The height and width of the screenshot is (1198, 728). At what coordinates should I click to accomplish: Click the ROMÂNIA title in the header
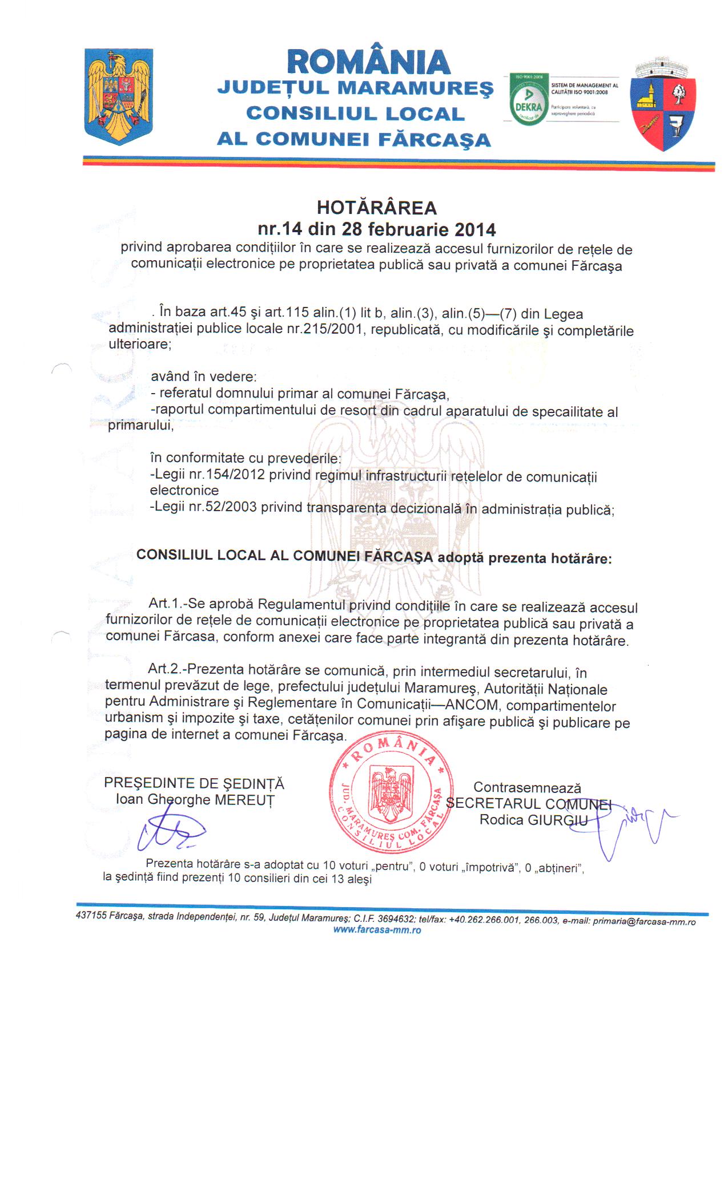(x=369, y=61)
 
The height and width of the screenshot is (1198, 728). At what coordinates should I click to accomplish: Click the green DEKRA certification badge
(x=529, y=99)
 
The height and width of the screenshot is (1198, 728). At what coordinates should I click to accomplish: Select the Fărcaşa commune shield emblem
(x=663, y=105)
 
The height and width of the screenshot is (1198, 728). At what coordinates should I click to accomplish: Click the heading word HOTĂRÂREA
(x=376, y=208)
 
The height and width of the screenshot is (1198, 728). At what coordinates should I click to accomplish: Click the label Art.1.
(x=166, y=603)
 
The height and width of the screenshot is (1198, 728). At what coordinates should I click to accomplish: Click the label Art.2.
(x=165, y=669)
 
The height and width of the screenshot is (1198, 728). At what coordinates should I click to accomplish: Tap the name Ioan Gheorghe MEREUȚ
(x=195, y=800)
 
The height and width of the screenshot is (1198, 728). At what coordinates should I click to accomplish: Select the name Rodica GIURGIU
(x=533, y=820)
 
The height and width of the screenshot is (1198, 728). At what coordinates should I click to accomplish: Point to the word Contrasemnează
(x=527, y=787)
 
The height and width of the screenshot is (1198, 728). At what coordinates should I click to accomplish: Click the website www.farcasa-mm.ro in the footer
(x=377, y=930)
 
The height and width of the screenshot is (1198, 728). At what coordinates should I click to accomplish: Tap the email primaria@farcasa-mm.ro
(x=644, y=921)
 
